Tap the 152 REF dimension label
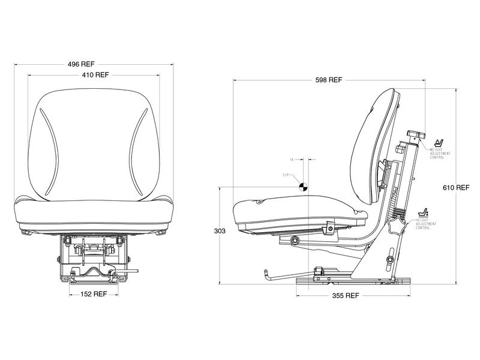click(x=93, y=295)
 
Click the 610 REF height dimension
click(x=456, y=187)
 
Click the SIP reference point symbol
click(x=304, y=187)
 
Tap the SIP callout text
click(x=286, y=175)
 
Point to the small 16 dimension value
click(x=292, y=160)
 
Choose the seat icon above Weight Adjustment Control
click(x=439, y=143)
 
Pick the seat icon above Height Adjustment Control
click(x=422, y=213)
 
